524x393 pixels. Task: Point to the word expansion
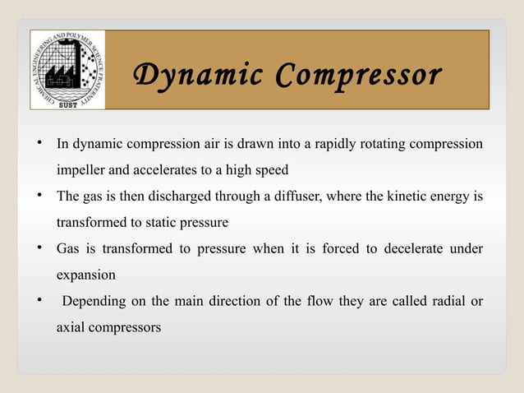pyautogui.click(x=85, y=275)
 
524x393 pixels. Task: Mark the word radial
pyautogui.click(x=450, y=301)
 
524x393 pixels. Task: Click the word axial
pyautogui.click(x=71, y=326)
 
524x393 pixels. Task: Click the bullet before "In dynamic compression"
pyautogui.click(x=39, y=145)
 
